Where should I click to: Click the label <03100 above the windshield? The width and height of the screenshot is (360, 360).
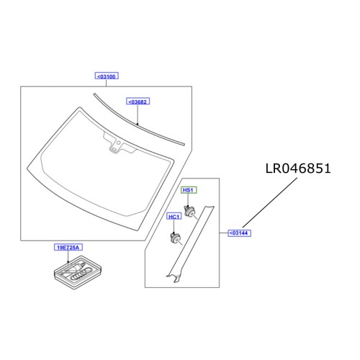(106, 76)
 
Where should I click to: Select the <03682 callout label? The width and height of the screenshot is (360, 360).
(138, 102)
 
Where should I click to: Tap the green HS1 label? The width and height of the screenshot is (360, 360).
(189, 189)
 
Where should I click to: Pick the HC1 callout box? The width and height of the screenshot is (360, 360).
(174, 216)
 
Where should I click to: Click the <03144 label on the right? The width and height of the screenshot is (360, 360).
(239, 233)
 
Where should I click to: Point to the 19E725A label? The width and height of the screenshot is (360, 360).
(69, 247)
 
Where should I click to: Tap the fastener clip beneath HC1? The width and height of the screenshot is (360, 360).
(175, 238)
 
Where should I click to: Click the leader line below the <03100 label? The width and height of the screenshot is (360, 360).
(106, 83)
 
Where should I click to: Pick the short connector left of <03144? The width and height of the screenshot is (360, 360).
(222, 233)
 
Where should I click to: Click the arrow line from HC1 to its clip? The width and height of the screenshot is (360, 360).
(174, 225)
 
